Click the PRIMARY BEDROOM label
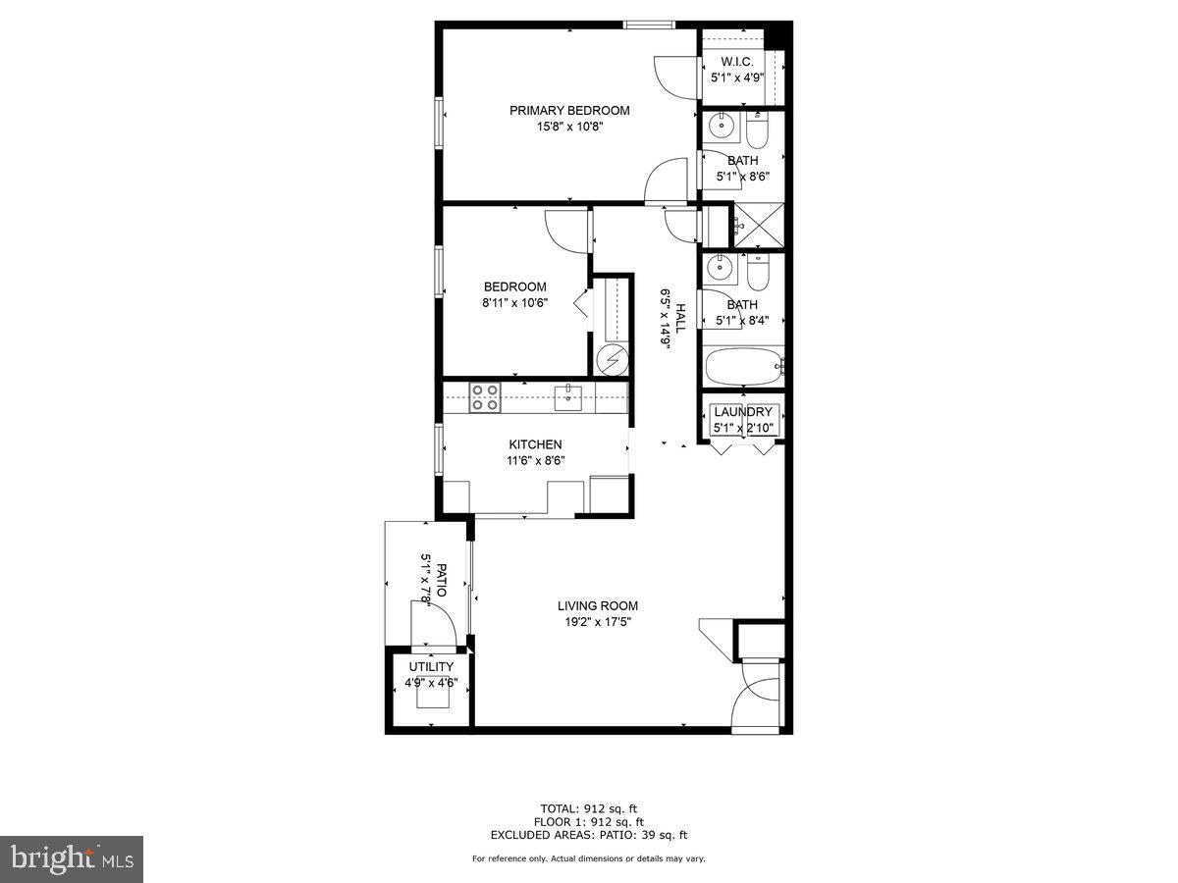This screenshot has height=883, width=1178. pyautogui.click(x=569, y=111)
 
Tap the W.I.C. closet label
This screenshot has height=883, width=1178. pyautogui.click(x=737, y=62)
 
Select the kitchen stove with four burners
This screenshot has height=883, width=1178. pyautogui.click(x=485, y=397)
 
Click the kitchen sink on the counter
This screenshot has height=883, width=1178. pyautogui.click(x=568, y=397)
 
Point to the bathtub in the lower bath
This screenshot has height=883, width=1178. pyautogui.click(x=743, y=368)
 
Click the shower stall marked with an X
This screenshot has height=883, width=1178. pyautogui.click(x=760, y=225)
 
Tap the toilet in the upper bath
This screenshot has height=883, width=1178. pyautogui.click(x=759, y=130)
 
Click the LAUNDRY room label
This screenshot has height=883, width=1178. pyautogui.click(x=743, y=412)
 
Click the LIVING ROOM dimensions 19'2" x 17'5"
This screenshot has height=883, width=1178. pyautogui.click(x=598, y=622)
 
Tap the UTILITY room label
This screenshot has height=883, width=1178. pyautogui.click(x=431, y=667)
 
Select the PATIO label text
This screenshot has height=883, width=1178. pyautogui.click(x=442, y=580)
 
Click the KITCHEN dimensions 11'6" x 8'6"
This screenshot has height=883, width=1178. pyautogui.click(x=535, y=460)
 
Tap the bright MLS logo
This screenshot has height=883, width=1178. pyautogui.click(x=72, y=859)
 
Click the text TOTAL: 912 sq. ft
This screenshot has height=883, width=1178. pyautogui.click(x=589, y=808)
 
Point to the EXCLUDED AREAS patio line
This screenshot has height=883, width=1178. pyautogui.click(x=589, y=835)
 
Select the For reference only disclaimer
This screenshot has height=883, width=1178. pyautogui.click(x=589, y=858)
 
